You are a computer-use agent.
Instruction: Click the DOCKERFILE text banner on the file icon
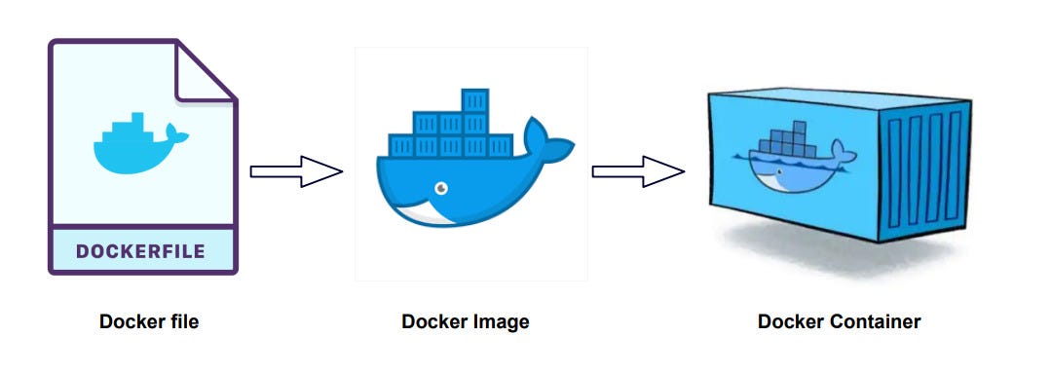(140, 251)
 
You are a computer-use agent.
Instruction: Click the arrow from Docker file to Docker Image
(295, 171)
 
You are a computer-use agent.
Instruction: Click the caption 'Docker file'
(148, 321)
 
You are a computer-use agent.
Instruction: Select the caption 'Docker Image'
(466, 321)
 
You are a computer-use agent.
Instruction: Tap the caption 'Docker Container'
(839, 321)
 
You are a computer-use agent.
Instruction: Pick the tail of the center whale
(547, 138)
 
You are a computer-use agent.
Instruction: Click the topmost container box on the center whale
(474, 99)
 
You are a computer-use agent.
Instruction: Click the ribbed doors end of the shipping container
(925, 166)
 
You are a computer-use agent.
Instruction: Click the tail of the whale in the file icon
(172, 132)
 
